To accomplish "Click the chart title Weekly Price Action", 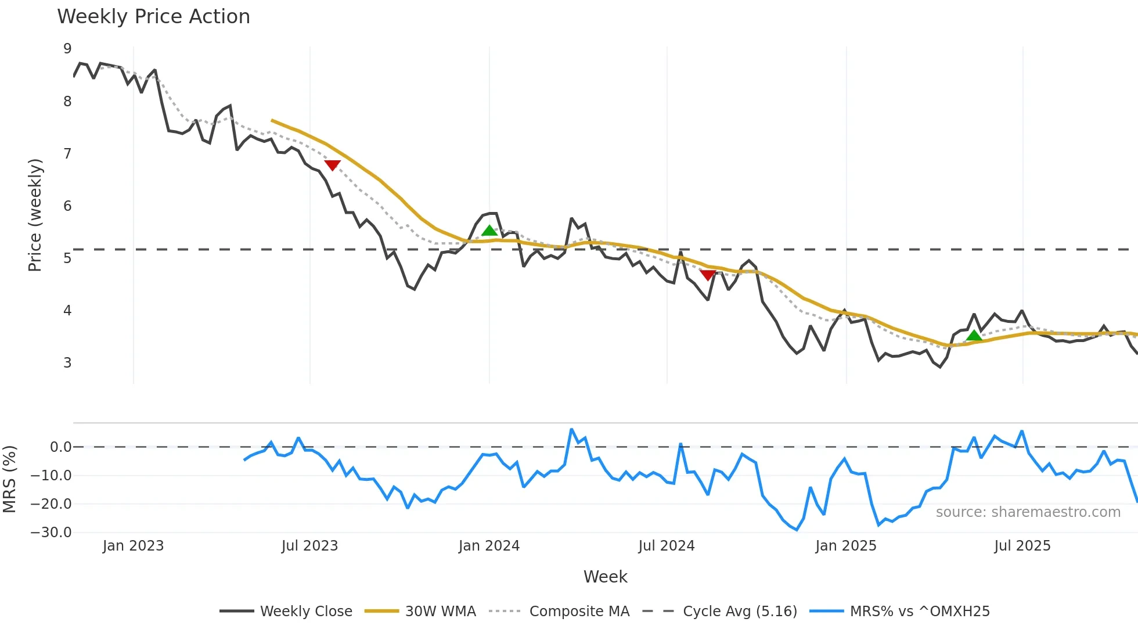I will [x=153, y=17].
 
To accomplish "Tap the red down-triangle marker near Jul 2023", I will [x=332, y=166].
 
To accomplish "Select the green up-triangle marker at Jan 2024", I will [x=489, y=231].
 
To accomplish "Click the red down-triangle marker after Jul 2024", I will [x=708, y=275].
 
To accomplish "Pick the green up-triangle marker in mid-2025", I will [x=974, y=335].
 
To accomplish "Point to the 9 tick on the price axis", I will [x=67, y=49].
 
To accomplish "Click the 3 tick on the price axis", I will [x=67, y=363].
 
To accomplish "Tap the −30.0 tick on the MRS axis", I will [x=51, y=533].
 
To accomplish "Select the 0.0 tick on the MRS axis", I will [x=60, y=447].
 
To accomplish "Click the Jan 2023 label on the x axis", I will [x=133, y=546].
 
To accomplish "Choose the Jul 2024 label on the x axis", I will [x=666, y=546].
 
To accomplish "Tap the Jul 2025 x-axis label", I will [x=1022, y=546].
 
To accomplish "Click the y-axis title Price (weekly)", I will [x=35, y=215].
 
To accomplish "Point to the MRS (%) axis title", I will [x=9, y=479].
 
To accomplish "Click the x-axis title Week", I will [x=605, y=577].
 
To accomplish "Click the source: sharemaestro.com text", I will [x=1028, y=512].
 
